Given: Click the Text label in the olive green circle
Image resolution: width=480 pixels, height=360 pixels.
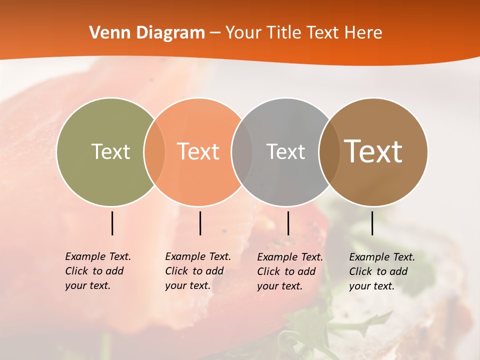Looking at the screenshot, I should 110,151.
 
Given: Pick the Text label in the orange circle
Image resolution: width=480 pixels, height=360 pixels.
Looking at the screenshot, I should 198,151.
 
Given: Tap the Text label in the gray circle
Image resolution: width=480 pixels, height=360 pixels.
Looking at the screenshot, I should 285,151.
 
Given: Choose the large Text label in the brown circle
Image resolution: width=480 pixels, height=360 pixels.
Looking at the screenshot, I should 373,151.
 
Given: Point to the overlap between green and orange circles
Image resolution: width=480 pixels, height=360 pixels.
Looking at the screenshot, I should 154,152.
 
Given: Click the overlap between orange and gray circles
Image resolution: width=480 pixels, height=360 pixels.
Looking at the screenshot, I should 242,152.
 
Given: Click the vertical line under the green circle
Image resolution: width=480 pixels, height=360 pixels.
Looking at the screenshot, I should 112,223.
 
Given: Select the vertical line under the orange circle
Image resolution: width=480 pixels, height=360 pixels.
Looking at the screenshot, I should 200,223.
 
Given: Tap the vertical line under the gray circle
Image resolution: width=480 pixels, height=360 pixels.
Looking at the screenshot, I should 288,223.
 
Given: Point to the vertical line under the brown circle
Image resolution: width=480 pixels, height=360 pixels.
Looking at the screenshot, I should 372,223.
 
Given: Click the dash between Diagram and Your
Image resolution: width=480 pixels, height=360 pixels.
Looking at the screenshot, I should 215,33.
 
